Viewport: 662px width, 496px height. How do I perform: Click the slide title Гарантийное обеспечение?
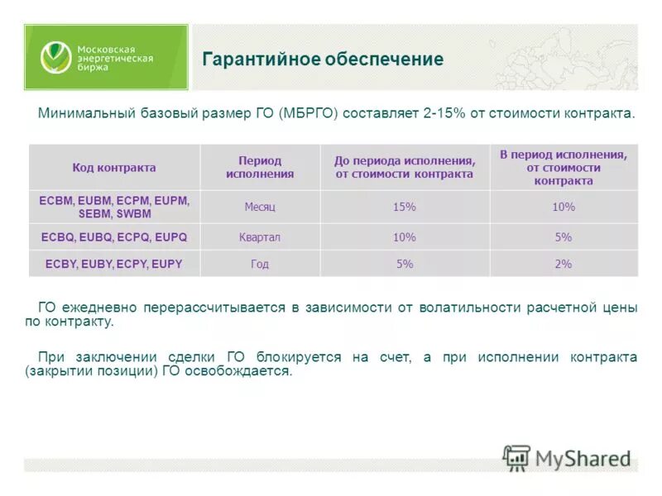pos(323,60)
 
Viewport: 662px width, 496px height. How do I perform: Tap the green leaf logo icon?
pos(56,57)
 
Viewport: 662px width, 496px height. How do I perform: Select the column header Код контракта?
pos(114,168)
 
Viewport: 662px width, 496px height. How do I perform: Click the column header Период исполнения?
pos(260,168)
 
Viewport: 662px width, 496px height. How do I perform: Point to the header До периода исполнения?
pos(404,168)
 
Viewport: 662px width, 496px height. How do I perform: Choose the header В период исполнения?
pos(563,168)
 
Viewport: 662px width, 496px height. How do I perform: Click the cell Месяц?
pos(260,207)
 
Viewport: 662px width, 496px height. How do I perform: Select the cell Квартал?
pos(260,237)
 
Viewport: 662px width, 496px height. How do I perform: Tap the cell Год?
pos(260,265)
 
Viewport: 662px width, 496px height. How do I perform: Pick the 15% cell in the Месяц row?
pos(404,207)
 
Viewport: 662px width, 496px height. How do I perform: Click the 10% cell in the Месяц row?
pos(563,207)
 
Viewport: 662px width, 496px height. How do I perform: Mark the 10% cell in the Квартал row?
pos(404,237)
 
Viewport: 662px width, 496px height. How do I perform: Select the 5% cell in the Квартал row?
pos(563,237)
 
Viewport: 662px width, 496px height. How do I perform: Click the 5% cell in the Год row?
pos(404,265)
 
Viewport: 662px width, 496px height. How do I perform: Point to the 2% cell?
pos(563,265)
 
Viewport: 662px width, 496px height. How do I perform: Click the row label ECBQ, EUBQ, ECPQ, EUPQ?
pos(114,237)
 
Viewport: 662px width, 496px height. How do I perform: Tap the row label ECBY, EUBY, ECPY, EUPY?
pos(114,265)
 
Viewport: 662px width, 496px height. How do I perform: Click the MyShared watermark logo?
pos(568,457)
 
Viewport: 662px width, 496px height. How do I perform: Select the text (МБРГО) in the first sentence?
pos(309,113)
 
